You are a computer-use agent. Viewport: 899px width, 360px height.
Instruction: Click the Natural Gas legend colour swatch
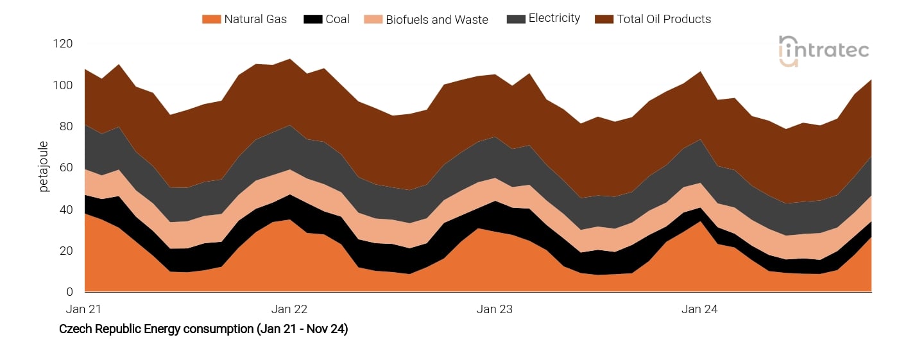click(211, 19)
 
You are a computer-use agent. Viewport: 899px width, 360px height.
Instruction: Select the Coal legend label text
click(338, 19)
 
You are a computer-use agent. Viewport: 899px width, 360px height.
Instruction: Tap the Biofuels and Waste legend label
click(437, 20)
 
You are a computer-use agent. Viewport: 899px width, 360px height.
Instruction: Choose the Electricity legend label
click(554, 19)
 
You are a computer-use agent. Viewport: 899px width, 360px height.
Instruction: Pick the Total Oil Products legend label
click(664, 19)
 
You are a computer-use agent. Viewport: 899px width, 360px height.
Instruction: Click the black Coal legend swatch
click(313, 19)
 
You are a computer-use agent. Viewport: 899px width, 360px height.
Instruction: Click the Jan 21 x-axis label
click(84, 309)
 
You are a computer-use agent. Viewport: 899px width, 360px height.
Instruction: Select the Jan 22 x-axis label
click(289, 309)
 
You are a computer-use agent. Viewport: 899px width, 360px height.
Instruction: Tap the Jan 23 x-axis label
click(495, 309)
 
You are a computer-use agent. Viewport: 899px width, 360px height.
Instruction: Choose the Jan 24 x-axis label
click(699, 309)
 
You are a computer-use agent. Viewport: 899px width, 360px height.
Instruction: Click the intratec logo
click(824, 51)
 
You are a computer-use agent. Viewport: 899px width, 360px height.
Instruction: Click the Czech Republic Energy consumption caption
click(203, 330)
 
